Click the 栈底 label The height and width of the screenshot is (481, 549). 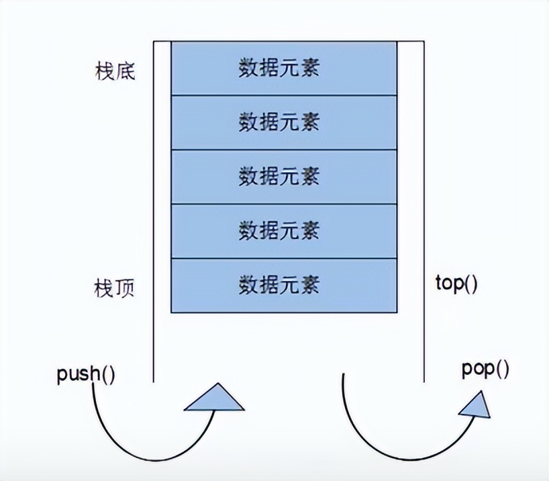115,71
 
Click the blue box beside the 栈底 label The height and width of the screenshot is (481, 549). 283,68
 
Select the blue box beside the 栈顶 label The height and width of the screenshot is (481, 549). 283,286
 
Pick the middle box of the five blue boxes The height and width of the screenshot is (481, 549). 283,177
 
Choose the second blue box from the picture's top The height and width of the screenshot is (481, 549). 283,122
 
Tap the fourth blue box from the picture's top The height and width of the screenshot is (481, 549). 283,231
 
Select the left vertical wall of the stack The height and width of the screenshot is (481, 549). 154,202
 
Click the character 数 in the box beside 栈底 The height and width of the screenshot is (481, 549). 249,69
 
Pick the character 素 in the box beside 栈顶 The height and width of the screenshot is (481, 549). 309,286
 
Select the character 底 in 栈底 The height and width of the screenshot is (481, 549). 125,71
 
